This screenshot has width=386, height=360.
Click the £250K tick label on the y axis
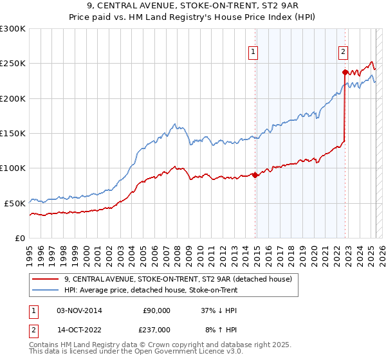click(12, 64)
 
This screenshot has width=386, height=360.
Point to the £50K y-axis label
click(15, 203)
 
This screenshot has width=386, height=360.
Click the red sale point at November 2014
click(255, 175)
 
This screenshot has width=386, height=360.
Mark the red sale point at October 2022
click(345, 72)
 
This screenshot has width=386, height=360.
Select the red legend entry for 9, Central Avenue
click(178, 279)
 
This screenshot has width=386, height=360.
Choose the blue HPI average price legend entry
click(151, 291)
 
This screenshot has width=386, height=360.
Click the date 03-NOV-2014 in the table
click(79, 310)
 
